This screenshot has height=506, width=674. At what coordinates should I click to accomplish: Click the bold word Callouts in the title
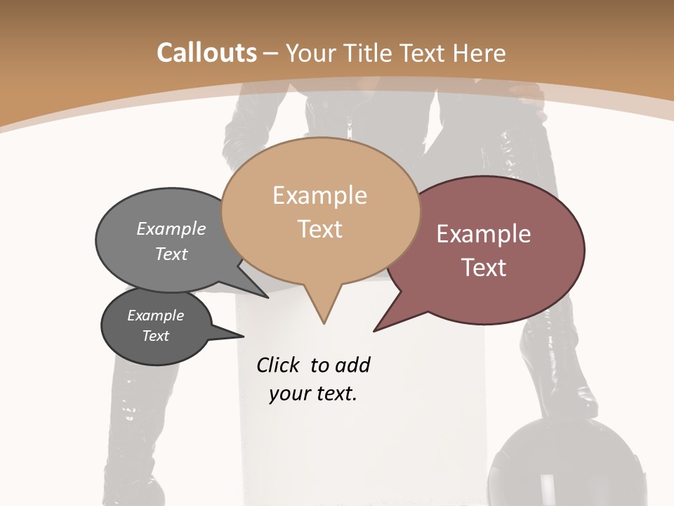[x=206, y=53]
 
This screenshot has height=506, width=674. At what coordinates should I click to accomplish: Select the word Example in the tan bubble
[x=319, y=195]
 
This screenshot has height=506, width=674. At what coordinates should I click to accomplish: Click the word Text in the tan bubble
[x=319, y=229]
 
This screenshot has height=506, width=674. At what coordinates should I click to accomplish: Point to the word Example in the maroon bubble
[x=484, y=234]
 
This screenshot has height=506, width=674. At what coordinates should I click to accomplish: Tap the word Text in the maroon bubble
[x=484, y=268]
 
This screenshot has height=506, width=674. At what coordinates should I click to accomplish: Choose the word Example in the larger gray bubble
[x=171, y=228]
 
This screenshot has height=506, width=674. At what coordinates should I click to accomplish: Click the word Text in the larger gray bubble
[x=171, y=254]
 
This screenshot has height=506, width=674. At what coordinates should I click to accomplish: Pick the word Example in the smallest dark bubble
[x=155, y=316]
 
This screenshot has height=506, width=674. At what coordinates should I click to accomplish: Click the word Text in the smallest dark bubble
[x=155, y=336]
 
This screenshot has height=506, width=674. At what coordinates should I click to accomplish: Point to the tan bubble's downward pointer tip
[x=324, y=321]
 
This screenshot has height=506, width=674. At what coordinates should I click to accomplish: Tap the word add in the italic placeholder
[x=352, y=365]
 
